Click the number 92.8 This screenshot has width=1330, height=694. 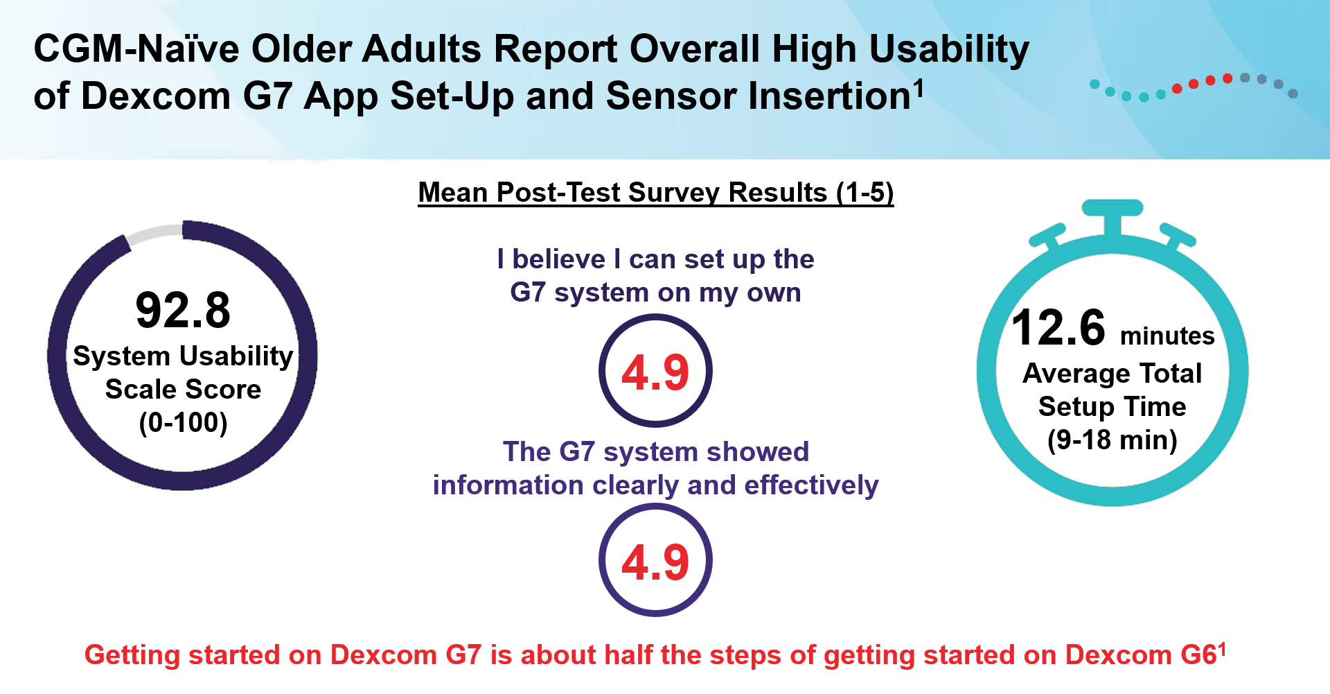click(x=183, y=310)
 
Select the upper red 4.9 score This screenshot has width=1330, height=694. click(x=655, y=372)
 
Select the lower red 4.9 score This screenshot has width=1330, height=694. click(x=655, y=562)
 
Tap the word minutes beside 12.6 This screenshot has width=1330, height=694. click(x=1167, y=336)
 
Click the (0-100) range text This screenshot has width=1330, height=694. click(x=183, y=422)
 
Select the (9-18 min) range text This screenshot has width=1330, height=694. click(x=1112, y=440)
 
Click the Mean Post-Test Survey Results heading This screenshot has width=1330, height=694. click(x=655, y=192)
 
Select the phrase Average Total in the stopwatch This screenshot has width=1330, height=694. click(x=1112, y=373)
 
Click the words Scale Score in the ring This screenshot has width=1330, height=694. click(x=183, y=389)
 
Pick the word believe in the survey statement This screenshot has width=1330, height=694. click(x=558, y=259)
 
